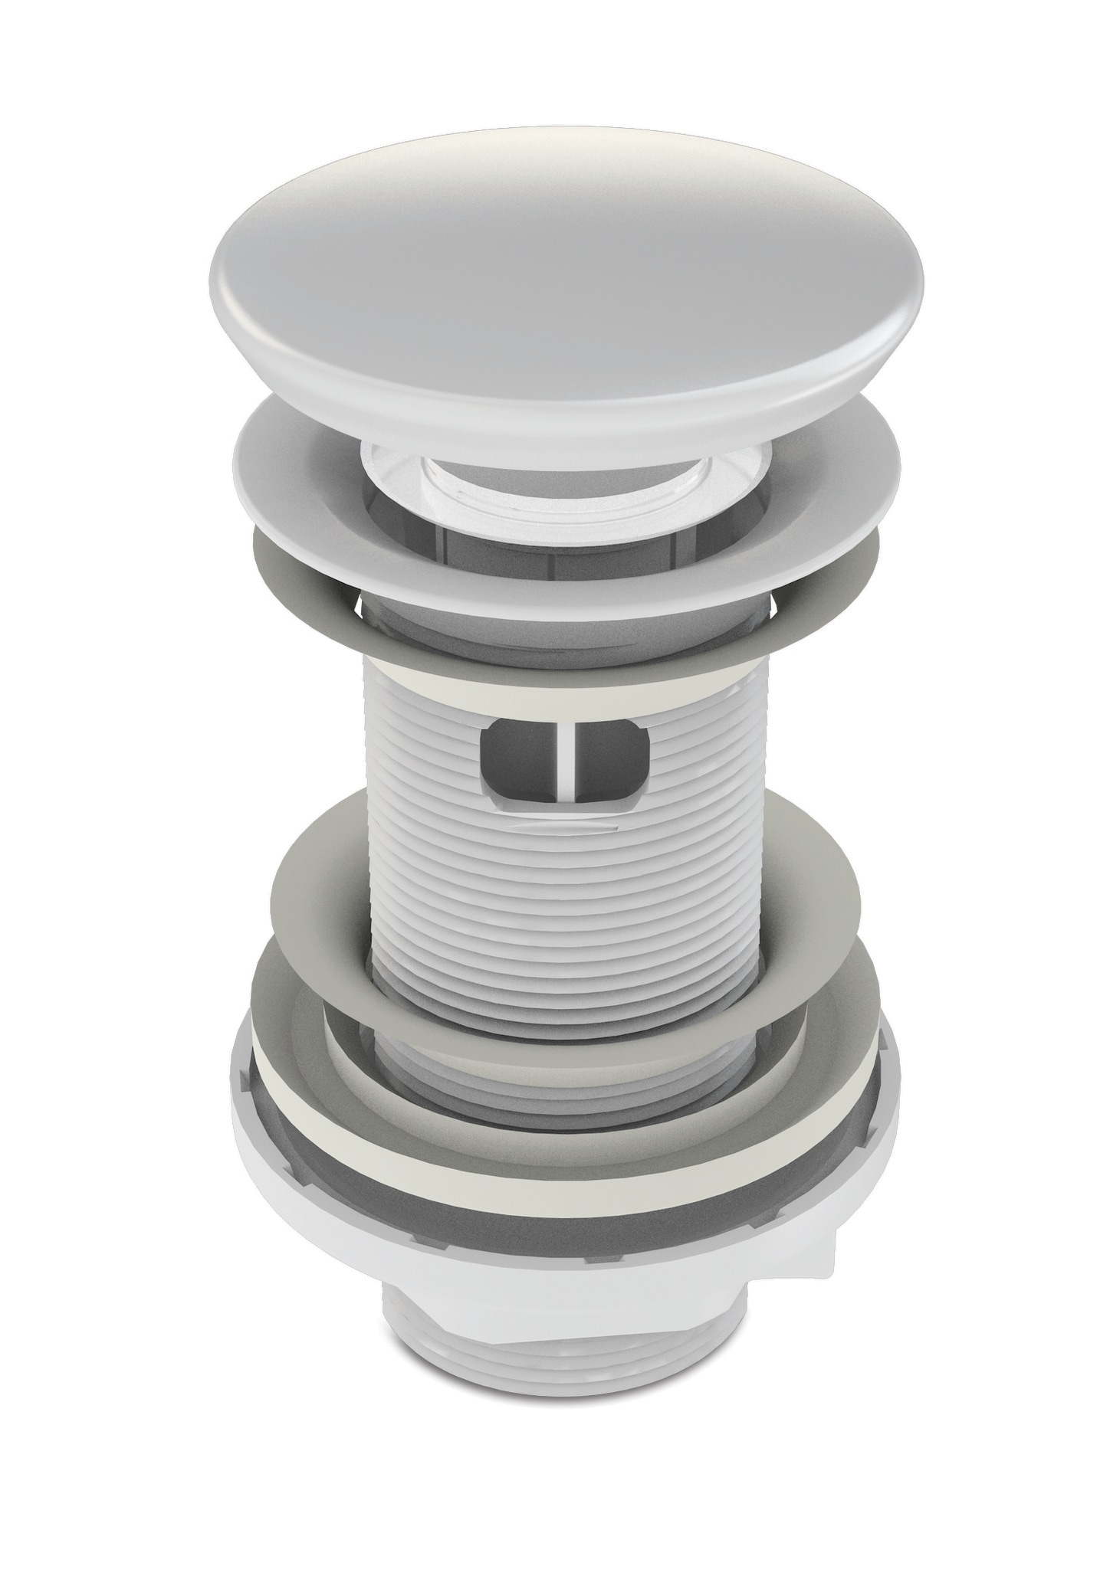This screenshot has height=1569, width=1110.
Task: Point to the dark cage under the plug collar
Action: [460, 536]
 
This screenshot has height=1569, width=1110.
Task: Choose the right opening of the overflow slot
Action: [613, 755]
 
